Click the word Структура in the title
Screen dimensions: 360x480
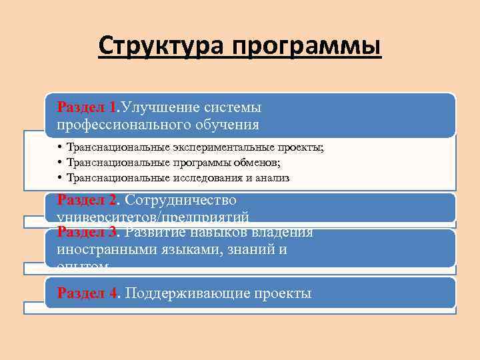pos(161,47)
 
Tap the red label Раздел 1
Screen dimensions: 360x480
pos(87,107)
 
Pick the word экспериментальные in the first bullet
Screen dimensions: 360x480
pos(221,148)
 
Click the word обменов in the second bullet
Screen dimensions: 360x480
pos(257,163)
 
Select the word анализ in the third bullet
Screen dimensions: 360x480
pos(273,177)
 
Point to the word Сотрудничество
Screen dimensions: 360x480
pos(180,199)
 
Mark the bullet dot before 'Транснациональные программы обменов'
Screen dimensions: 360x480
pos(60,163)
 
